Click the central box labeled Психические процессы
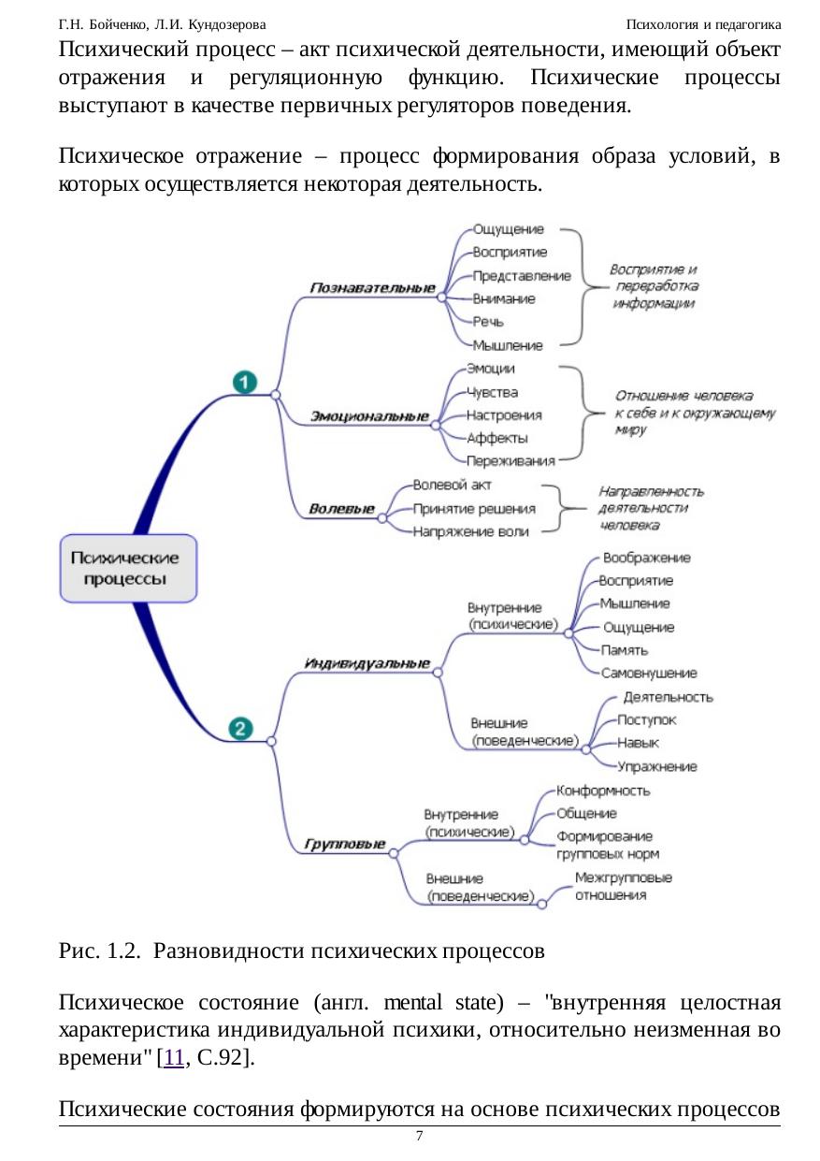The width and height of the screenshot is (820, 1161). pyautogui.click(x=128, y=568)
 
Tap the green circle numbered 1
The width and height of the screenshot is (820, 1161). pyautogui.click(x=245, y=382)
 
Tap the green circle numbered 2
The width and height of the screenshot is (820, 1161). pyautogui.click(x=240, y=728)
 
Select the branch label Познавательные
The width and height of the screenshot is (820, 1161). pyautogui.click(x=372, y=288)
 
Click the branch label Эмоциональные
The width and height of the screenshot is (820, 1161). pyautogui.click(x=369, y=416)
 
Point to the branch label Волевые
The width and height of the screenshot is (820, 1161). pyautogui.click(x=341, y=509)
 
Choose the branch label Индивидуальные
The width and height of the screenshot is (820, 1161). pyautogui.click(x=367, y=663)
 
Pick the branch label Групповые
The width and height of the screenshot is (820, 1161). pyautogui.click(x=344, y=844)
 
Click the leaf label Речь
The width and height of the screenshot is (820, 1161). pyautogui.click(x=488, y=322)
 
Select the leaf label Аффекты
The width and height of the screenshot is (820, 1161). pyautogui.click(x=497, y=438)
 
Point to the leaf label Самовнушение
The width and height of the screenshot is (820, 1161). pyautogui.click(x=648, y=673)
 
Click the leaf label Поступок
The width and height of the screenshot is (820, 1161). pyautogui.click(x=647, y=719)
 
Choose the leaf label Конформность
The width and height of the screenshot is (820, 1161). pyautogui.click(x=603, y=791)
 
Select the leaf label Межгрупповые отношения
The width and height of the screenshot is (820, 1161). pyautogui.click(x=623, y=886)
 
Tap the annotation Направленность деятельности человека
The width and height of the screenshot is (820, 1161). pyautogui.click(x=651, y=508)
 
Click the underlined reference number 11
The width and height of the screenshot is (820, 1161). pyautogui.click(x=174, y=1058)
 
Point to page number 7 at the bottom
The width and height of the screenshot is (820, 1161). pyautogui.click(x=419, y=1137)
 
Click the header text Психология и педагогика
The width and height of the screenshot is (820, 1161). pyautogui.click(x=703, y=22)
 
